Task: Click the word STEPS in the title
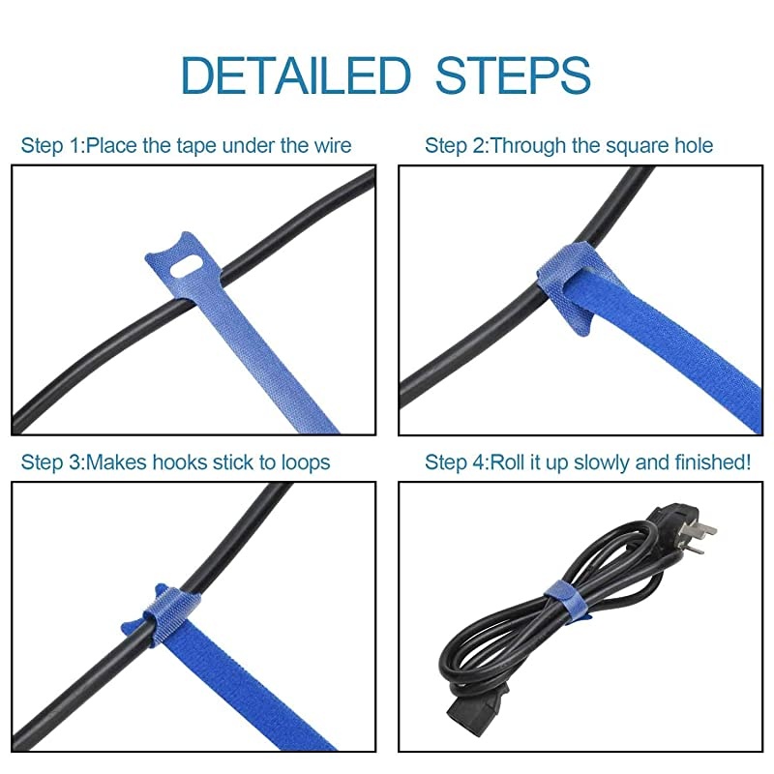(x=513, y=75)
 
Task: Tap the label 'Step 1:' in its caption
(x=53, y=146)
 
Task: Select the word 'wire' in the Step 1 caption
(x=330, y=146)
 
